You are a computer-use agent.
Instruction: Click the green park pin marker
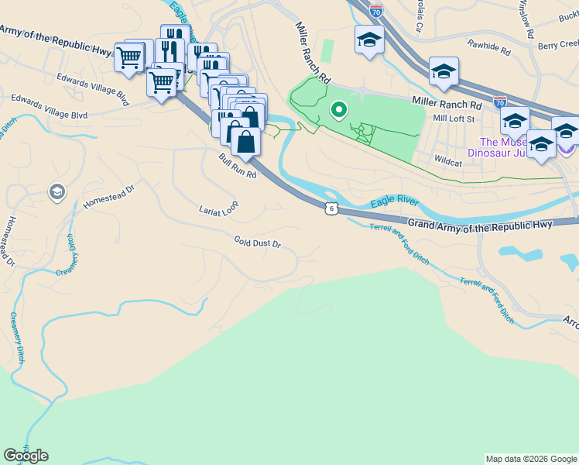pyautogui.click(x=338, y=110)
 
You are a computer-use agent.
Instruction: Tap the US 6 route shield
pyautogui.click(x=331, y=208)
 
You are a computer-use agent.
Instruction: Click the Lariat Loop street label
pyautogui.click(x=218, y=209)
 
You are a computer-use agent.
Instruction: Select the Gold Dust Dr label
pyautogui.click(x=257, y=243)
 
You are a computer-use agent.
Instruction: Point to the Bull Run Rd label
pyautogui.click(x=237, y=164)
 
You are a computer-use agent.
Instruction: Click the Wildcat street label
pyautogui.click(x=448, y=163)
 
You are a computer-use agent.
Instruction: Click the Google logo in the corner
pyautogui.click(x=26, y=456)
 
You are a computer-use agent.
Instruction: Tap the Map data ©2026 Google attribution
pyautogui.click(x=530, y=459)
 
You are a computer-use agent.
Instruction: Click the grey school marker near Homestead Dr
pyautogui.click(x=57, y=191)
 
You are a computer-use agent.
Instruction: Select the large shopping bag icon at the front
pyautogui.click(x=245, y=143)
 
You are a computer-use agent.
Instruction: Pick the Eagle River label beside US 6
pyautogui.click(x=394, y=202)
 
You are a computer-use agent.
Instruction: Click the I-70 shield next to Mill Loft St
pyautogui.click(x=500, y=102)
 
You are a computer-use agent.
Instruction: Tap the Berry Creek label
pyautogui.click(x=558, y=46)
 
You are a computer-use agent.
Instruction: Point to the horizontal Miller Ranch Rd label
pyautogui.click(x=447, y=103)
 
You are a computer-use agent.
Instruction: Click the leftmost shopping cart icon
pyautogui.click(x=129, y=57)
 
